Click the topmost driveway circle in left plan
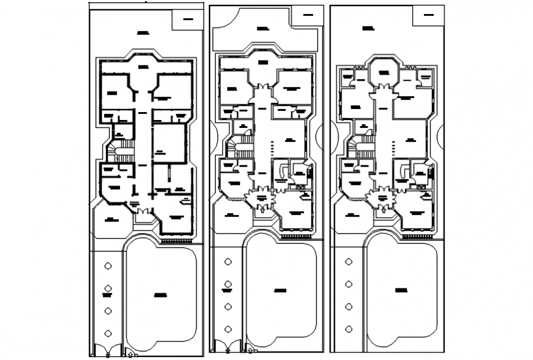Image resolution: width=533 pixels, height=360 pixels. pos(108,266)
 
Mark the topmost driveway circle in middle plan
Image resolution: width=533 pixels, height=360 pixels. pos(229,261)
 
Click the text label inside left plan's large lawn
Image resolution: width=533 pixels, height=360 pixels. pos(161,295)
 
